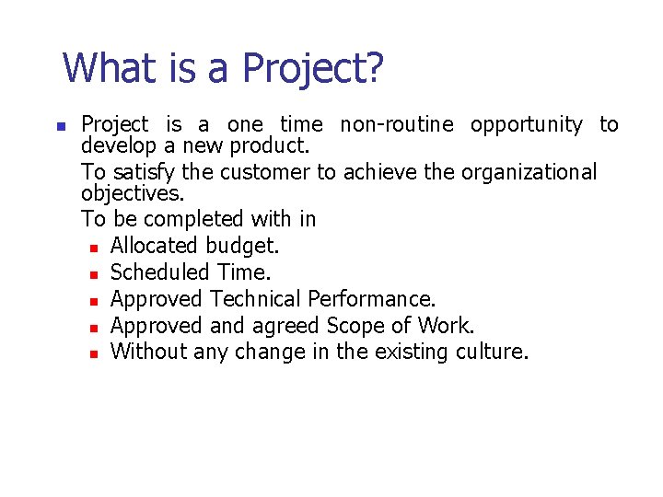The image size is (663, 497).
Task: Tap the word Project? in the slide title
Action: pyautogui.click(x=312, y=69)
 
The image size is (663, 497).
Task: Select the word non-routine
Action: pyautogui.click(x=397, y=124)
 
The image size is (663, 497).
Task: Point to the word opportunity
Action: pyautogui.click(x=526, y=124)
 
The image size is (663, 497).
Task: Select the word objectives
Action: pyautogui.click(x=132, y=194)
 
